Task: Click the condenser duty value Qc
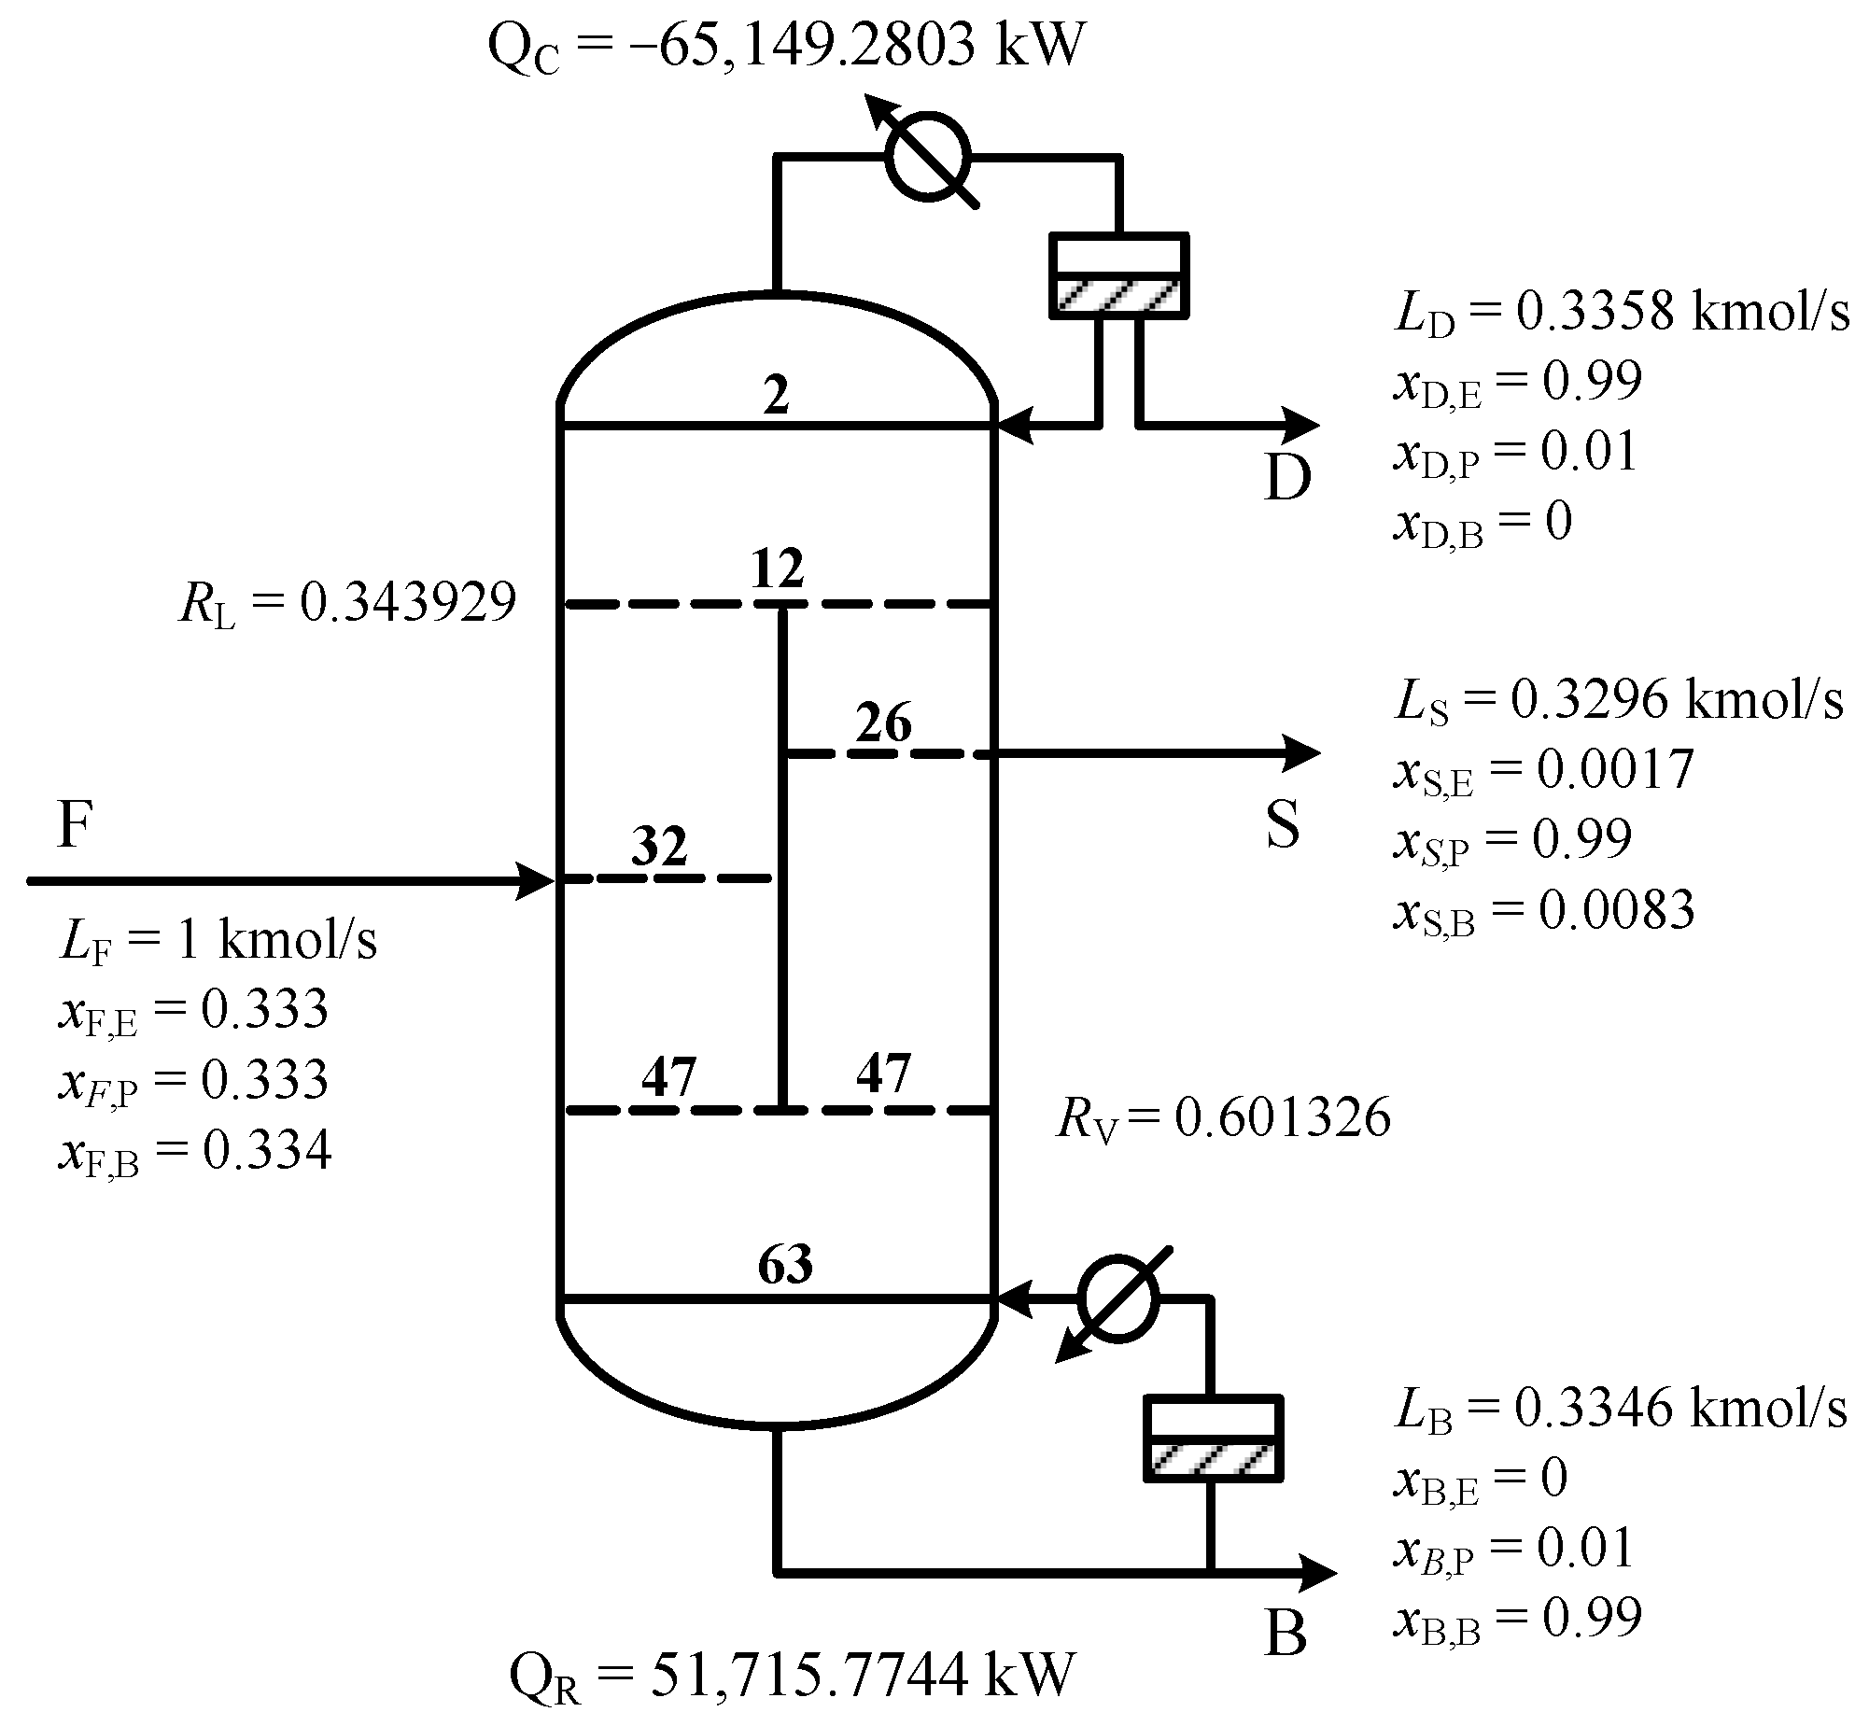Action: click(786, 45)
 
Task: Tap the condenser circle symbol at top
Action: click(927, 157)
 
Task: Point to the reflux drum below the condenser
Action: click(1118, 275)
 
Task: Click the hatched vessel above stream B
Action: click(1213, 1438)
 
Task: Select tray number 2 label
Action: click(776, 396)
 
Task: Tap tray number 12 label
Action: click(777, 568)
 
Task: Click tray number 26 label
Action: click(882, 723)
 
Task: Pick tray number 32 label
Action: click(659, 846)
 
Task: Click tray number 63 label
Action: click(784, 1264)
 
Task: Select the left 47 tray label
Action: click(668, 1076)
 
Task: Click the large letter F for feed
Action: click(75, 823)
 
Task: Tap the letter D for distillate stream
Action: click(1287, 477)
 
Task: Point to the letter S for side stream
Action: click(1283, 823)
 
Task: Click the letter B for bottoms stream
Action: click(1286, 1634)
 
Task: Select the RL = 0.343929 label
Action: click(346, 602)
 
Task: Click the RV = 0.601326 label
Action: click(1223, 1117)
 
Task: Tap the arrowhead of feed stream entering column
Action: click(537, 880)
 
